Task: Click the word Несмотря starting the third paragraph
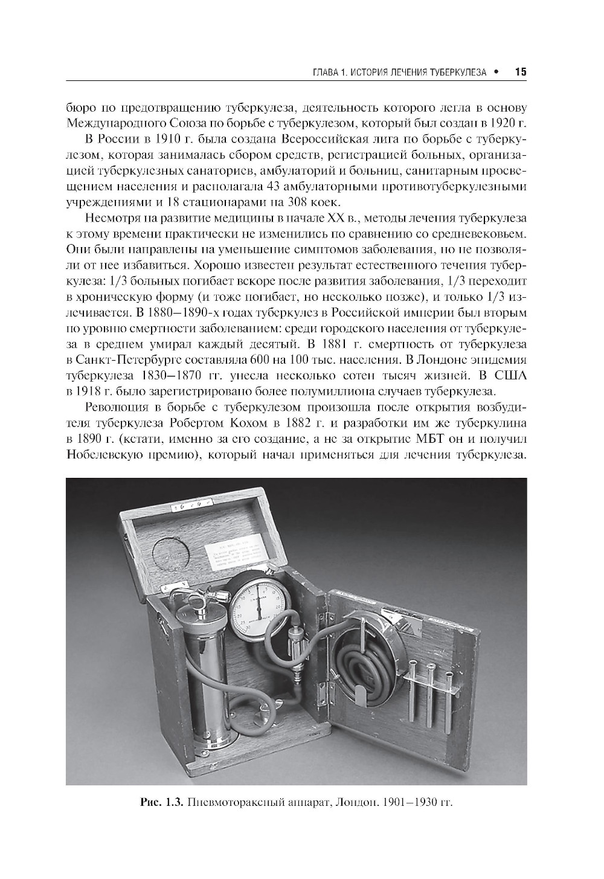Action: click(111, 217)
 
